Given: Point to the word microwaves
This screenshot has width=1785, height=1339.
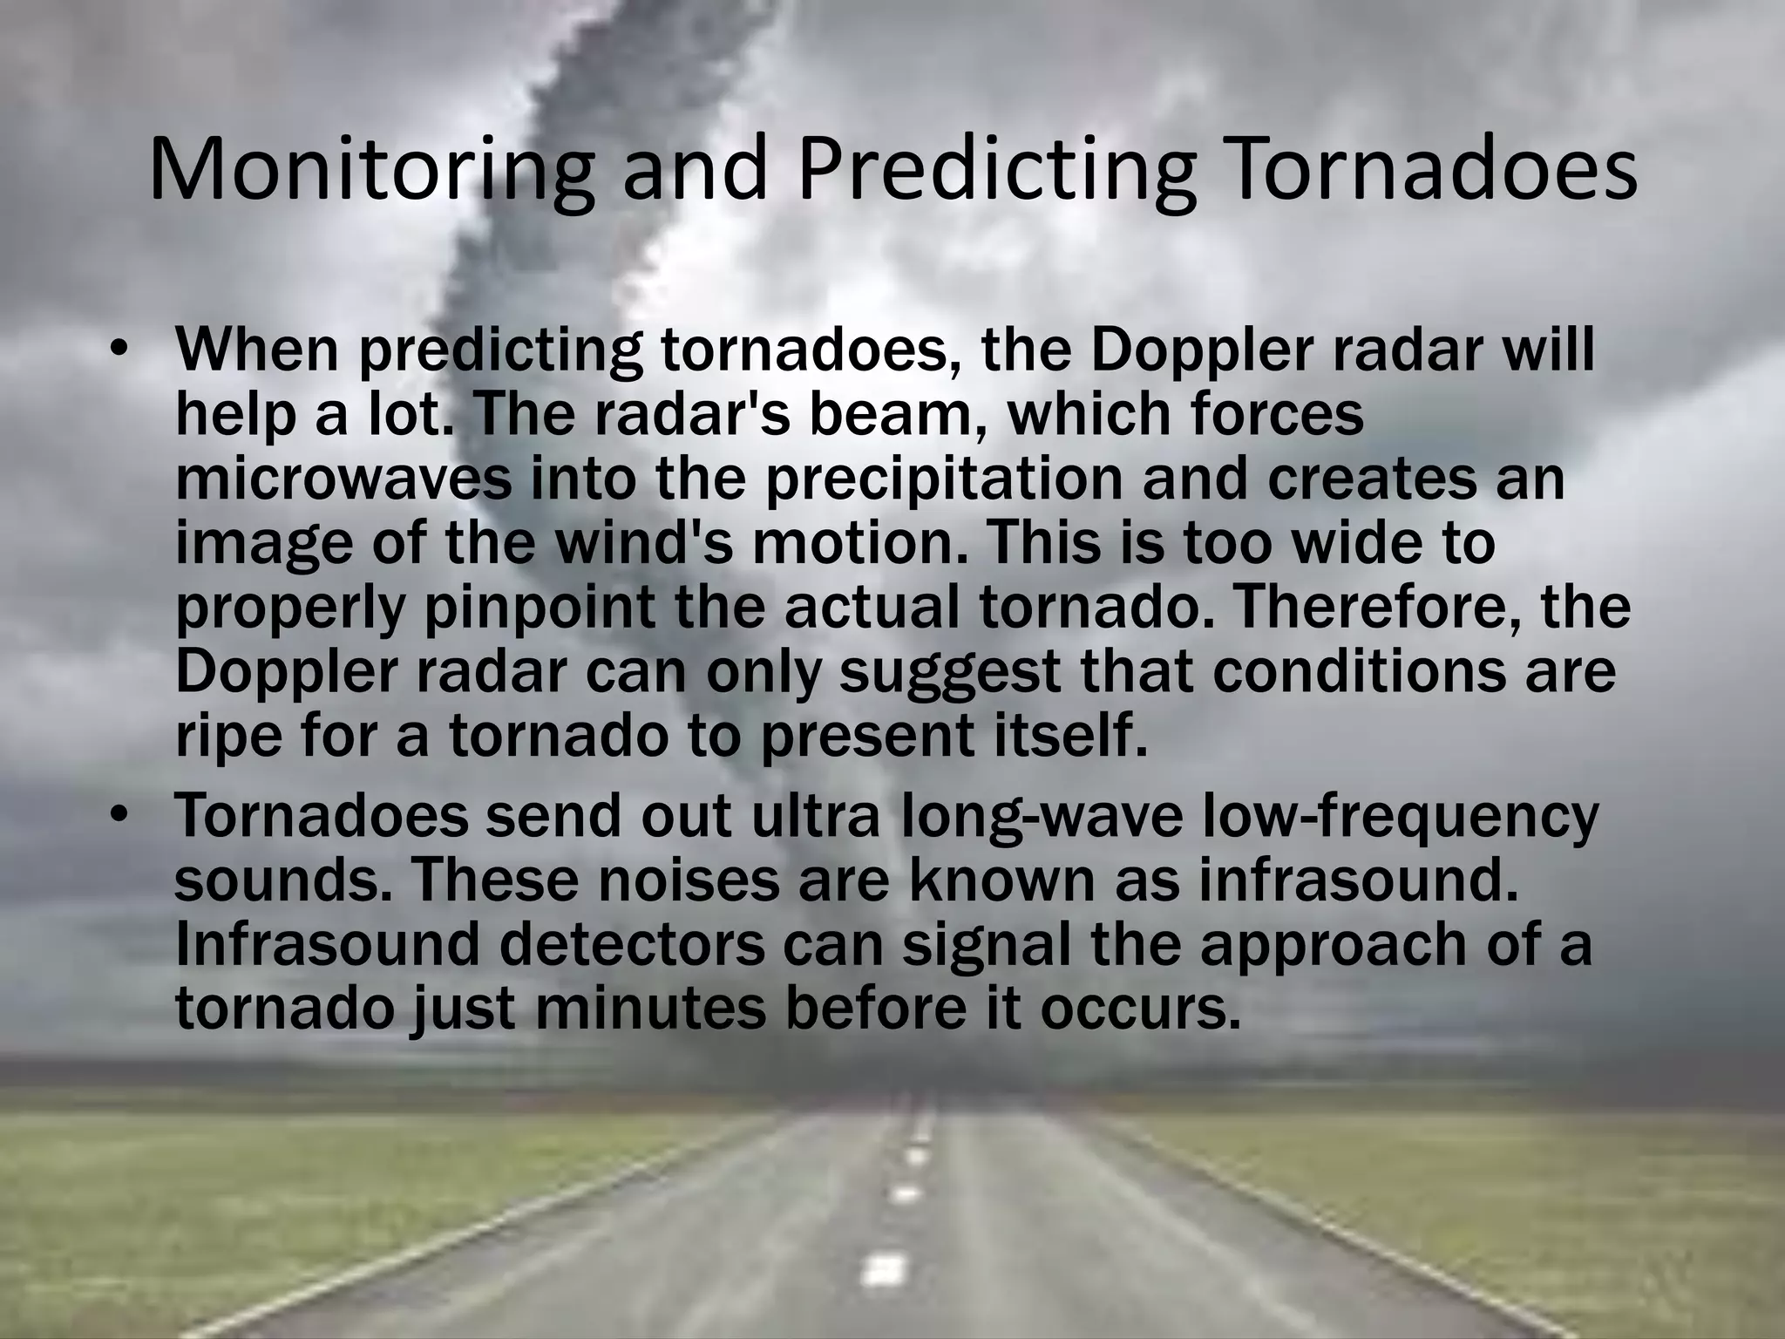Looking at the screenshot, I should [343, 480].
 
